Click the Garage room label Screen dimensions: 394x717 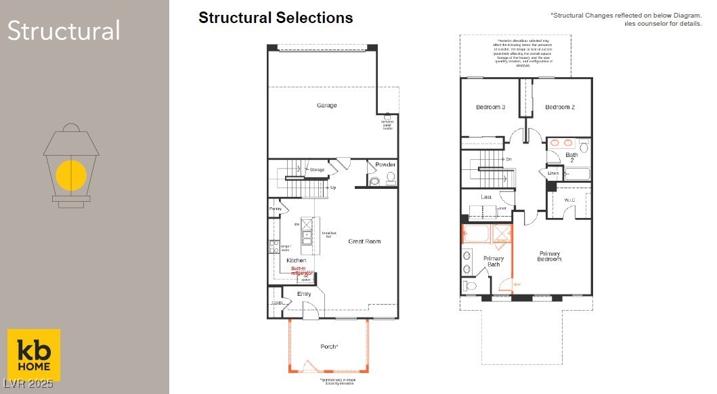[x=326, y=106]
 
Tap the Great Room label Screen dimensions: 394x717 [x=364, y=241]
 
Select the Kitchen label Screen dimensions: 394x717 [x=296, y=261]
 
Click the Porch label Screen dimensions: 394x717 [x=329, y=347]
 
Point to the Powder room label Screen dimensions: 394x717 [x=385, y=165]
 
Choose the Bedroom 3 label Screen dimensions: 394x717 [x=490, y=107]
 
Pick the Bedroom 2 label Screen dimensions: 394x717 [x=560, y=107]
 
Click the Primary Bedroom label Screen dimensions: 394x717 [x=549, y=256]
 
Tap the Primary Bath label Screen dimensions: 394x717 [x=494, y=261]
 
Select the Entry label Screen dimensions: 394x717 [x=304, y=294]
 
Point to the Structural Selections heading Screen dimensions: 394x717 [x=276, y=18]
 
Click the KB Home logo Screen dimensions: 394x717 [x=34, y=355]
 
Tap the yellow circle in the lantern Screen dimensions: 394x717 [x=71, y=175]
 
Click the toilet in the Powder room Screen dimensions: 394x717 [x=390, y=179]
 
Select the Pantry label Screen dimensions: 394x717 [x=275, y=209]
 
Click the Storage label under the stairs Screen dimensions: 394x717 [x=317, y=170]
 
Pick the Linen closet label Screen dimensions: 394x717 [x=553, y=173]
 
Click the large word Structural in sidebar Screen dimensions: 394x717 [x=64, y=31]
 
